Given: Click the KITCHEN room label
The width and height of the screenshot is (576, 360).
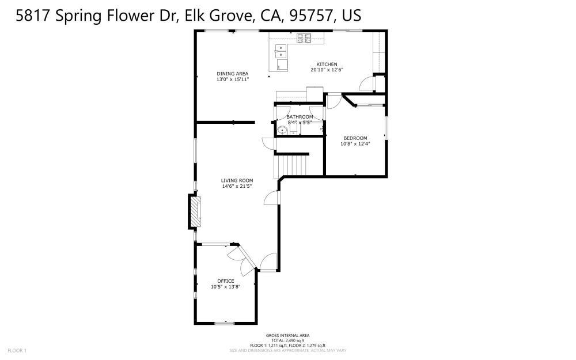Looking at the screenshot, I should pos(327,64).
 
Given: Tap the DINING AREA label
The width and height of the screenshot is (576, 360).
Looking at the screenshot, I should pos(232,73).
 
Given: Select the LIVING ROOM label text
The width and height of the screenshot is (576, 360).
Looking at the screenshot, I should pos(237,180).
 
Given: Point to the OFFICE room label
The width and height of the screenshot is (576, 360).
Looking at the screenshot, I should pos(225,281).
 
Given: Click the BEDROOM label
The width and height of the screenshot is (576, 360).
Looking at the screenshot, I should pos(355,138).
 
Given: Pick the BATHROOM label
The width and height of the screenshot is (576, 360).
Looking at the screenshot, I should pos(300,117).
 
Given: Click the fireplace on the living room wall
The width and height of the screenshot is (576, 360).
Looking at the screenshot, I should pos(196,211).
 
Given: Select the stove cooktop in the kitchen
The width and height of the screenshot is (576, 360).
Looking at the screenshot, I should pos(304,39).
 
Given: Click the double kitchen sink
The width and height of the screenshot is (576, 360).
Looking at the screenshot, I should pos(281,51).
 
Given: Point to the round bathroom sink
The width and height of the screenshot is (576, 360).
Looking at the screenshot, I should pos(282,130).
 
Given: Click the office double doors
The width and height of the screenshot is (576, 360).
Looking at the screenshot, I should pos(241,257).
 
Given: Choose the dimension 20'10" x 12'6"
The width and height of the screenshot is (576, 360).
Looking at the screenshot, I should pos(327,70).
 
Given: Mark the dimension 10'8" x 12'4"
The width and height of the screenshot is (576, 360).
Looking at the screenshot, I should pos(355,143).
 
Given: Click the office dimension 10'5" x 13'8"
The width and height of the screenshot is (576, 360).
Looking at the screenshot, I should pos(225,286).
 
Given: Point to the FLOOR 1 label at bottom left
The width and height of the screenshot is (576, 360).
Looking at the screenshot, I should pos(17,350).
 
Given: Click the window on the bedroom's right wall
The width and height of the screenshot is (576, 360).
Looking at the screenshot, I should pos(386,128).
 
